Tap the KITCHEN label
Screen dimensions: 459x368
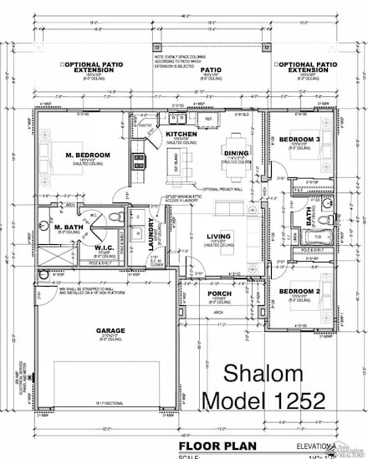(181, 134)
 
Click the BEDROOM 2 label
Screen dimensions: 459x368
(299, 291)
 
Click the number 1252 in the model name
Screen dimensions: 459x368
(293, 402)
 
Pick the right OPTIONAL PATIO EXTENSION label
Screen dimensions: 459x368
(307, 67)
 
